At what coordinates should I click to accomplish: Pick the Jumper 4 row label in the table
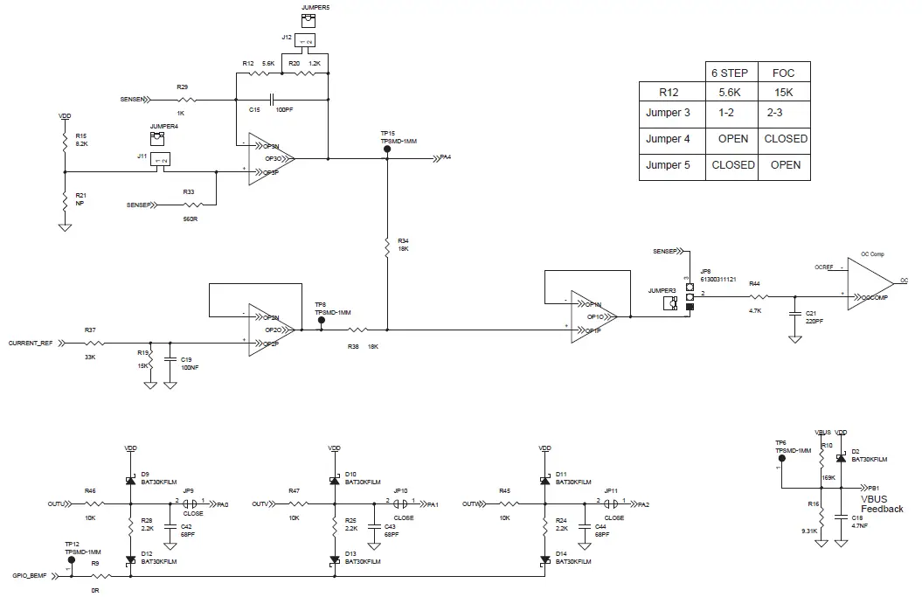pyautogui.click(x=668, y=138)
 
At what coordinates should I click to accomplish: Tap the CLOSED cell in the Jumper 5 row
pyautogui.click(x=732, y=164)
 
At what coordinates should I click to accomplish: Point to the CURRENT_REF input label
pyautogui.click(x=31, y=343)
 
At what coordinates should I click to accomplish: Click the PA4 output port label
pyautogui.click(x=446, y=157)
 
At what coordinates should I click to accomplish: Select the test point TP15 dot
pyautogui.click(x=386, y=149)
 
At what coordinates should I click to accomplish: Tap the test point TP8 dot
pyautogui.click(x=321, y=321)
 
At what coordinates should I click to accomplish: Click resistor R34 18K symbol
pyautogui.click(x=386, y=246)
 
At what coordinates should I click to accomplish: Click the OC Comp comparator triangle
pyautogui.click(x=870, y=283)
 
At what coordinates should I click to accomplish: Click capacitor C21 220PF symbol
pyautogui.click(x=794, y=312)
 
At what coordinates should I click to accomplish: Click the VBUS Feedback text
pyautogui.click(x=881, y=503)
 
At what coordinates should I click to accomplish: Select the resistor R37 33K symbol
pyautogui.click(x=90, y=343)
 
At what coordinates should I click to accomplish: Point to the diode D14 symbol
pyautogui.click(x=544, y=559)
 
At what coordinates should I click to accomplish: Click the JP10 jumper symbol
pyautogui.click(x=401, y=504)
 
